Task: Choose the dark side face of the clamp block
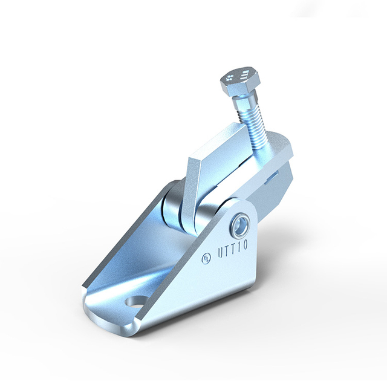tap(281, 187)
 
